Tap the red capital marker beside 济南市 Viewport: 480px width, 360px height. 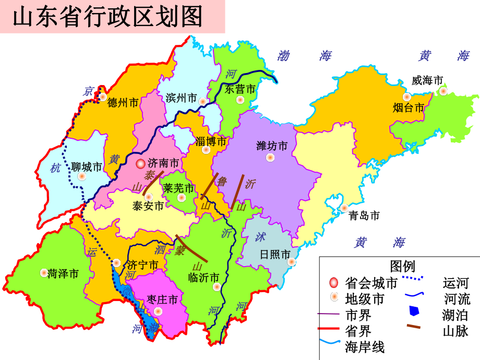140,164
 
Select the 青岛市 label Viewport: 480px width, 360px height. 364,215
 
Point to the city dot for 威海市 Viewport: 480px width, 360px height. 443,91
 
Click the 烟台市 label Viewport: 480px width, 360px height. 409,108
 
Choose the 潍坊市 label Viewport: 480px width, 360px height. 272,146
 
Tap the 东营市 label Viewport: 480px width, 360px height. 241,89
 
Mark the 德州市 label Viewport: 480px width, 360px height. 123,103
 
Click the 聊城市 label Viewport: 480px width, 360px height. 87,167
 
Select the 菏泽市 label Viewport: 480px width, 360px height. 63,273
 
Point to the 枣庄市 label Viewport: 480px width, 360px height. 162,299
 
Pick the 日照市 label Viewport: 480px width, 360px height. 275,255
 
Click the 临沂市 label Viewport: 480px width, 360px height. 203,277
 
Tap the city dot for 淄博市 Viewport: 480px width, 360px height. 206,150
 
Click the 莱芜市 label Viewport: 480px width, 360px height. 178,188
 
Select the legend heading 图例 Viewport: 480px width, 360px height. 402,267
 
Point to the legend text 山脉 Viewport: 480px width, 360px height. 455,331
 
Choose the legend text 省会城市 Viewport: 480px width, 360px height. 371,283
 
